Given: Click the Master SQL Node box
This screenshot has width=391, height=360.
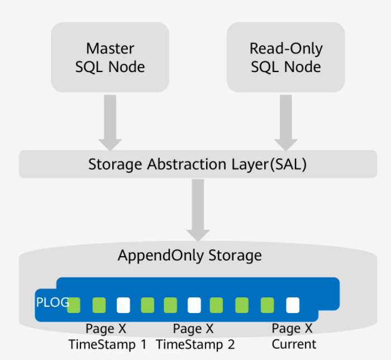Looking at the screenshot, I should pyautogui.click(x=110, y=57).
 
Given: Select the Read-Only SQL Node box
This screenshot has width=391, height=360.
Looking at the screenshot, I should pyautogui.click(x=285, y=57).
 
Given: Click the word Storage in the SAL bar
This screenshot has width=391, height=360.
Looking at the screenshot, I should pyautogui.click(x=116, y=165).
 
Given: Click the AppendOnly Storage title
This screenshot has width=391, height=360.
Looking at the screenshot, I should pyautogui.click(x=189, y=255).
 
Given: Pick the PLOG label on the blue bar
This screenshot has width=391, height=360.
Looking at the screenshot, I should pyautogui.click(x=53, y=302).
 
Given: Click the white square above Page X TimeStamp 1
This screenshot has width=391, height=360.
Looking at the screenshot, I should pyautogui.click(x=123, y=305).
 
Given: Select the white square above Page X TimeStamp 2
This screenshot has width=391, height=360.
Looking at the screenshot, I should pyautogui.click(x=194, y=305).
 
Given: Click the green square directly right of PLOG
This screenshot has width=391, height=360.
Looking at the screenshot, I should pyautogui.click(x=74, y=305).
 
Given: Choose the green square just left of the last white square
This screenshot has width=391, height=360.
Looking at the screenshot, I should pyautogui.click(x=268, y=305).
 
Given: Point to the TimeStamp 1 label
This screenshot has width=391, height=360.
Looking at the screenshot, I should pyautogui.click(x=107, y=344).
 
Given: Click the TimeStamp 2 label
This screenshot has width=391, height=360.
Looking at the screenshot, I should pyautogui.click(x=195, y=344).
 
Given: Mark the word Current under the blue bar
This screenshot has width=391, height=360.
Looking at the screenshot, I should pyautogui.click(x=294, y=344).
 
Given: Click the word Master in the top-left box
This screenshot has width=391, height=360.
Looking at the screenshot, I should pyautogui.click(x=110, y=48).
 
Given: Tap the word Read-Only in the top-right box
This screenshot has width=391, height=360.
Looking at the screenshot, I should pyautogui.click(x=285, y=48).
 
